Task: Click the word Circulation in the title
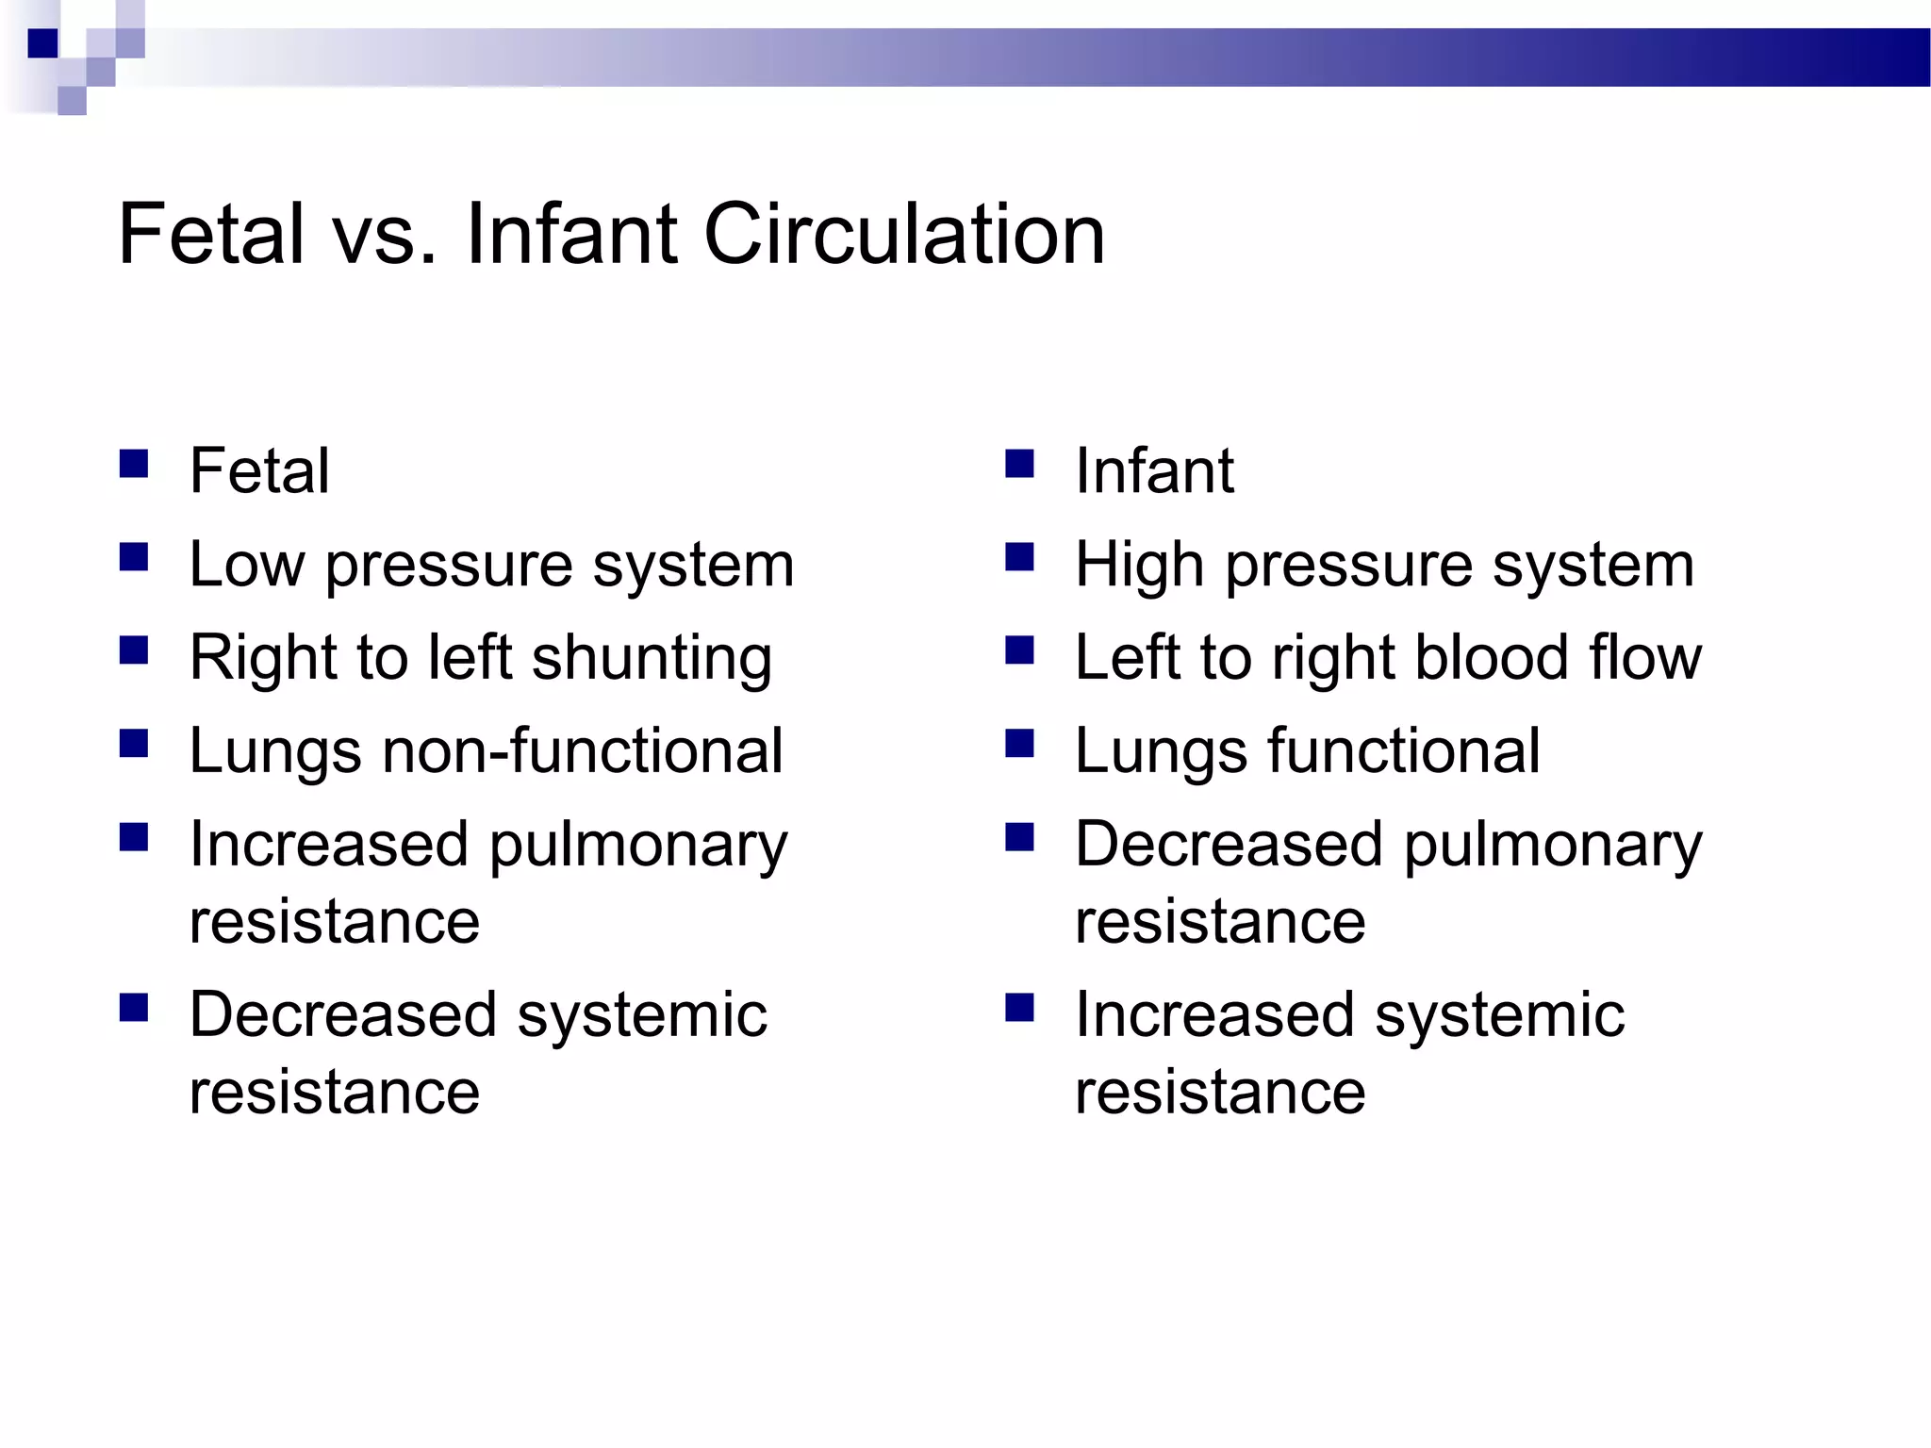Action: click(903, 235)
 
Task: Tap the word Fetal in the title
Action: click(211, 235)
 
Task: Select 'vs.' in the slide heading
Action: click(387, 235)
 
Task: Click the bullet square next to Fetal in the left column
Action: click(134, 465)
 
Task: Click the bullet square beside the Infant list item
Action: click(1019, 465)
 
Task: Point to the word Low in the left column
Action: click(247, 565)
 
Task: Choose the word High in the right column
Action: click(1139, 565)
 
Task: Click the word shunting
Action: click(652, 657)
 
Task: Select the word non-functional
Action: click(582, 750)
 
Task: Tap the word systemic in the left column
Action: click(642, 1014)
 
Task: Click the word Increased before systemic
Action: click(1214, 1014)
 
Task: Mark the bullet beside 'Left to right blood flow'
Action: click(1019, 650)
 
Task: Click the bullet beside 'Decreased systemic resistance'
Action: click(134, 1009)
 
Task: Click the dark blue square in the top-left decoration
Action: click(42, 43)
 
